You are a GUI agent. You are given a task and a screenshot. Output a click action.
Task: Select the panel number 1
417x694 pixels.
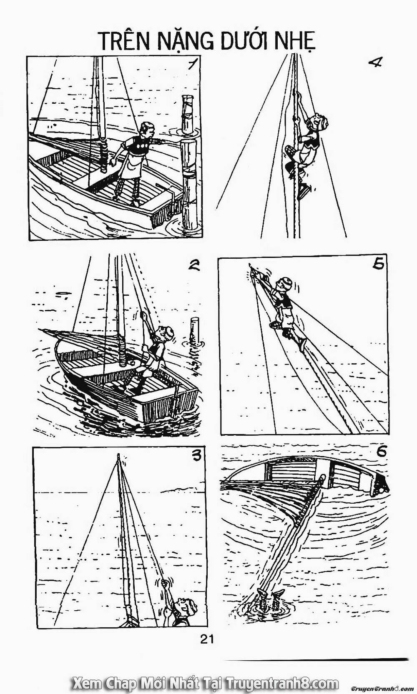[192, 65]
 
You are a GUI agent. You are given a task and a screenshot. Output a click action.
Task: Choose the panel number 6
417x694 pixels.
[380, 451]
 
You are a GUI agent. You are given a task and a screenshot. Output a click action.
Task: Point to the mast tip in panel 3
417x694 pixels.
[119, 457]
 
